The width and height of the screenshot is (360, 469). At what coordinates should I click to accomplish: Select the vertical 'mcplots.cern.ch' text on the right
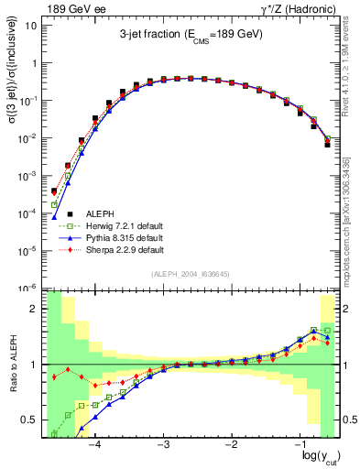(x=352, y=211)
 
